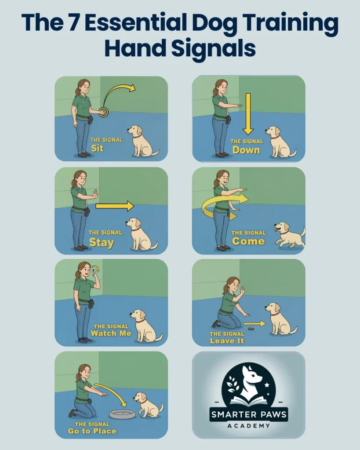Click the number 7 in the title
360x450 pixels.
(x=73, y=22)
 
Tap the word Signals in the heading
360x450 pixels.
(x=213, y=48)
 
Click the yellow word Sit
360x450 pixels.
(x=97, y=149)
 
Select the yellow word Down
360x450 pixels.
(x=246, y=150)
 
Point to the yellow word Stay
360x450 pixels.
(x=102, y=243)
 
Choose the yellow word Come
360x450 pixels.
(x=248, y=241)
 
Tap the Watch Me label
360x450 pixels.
(x=111, y=333)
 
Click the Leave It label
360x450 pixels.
(x=227, y=341)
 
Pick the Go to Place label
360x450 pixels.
(x=92, y=431)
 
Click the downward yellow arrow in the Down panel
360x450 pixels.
(x=248, y=114)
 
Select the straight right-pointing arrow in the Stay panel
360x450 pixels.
(x=115, y=206)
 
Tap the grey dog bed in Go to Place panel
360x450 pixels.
(x=122, y=414)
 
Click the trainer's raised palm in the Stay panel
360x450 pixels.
(x=95, y=194)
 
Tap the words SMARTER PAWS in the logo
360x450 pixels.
(x=249, y=414)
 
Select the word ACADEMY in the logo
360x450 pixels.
(x=249, y=425)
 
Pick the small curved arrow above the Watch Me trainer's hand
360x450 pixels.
(x=96, y=268)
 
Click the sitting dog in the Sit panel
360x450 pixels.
(x=142, y=141)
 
